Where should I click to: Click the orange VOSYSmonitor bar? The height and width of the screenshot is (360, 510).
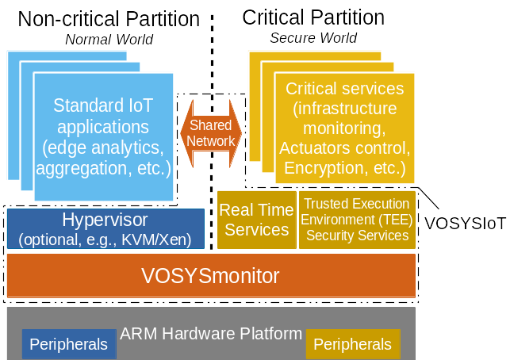point(210,276)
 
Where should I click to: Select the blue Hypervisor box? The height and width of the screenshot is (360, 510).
point(105,228)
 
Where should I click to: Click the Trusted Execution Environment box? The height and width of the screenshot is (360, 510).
point(357,220)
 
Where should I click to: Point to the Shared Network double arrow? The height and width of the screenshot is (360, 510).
point(212,133)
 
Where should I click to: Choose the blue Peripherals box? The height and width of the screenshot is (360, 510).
point(68,344)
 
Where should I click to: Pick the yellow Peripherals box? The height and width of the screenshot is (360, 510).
point(353,344)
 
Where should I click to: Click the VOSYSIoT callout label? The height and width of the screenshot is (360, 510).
point(465,223)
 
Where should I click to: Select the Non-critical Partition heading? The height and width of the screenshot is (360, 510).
point(109,18)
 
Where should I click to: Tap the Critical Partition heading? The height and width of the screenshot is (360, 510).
point(313,17)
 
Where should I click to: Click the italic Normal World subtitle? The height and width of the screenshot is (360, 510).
point(109,40)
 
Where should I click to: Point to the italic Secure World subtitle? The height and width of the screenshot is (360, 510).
point(313,38)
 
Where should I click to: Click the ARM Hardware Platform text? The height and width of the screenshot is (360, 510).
point(211,334)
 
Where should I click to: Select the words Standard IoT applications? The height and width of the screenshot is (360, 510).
point(103,116)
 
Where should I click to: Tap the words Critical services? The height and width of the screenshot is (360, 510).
point(344,88)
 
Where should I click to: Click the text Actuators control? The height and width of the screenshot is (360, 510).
point(344,148)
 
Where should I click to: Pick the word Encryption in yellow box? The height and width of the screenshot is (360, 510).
point(321,168)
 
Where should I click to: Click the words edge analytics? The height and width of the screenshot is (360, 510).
point(103,147)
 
